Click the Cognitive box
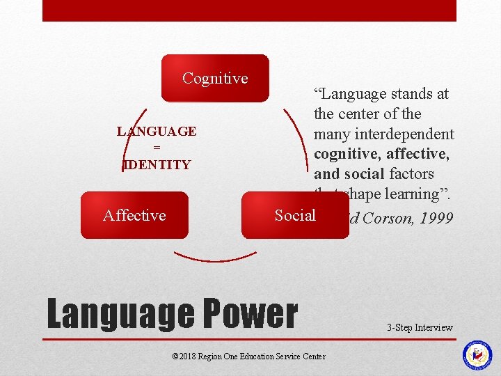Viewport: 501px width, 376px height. (215, 79)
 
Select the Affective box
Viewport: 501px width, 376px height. (134, 215)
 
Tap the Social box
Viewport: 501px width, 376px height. (295, 215)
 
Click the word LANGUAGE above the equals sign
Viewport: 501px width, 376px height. (157, 132)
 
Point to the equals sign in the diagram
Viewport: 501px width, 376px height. (157, 148)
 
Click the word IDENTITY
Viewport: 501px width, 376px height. (157, 165)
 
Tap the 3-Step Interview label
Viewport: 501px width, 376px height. (420, 327)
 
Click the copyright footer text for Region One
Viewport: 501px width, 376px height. (248, 356)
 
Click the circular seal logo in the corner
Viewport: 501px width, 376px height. (477, 355)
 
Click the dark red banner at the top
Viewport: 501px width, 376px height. (249, 10)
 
